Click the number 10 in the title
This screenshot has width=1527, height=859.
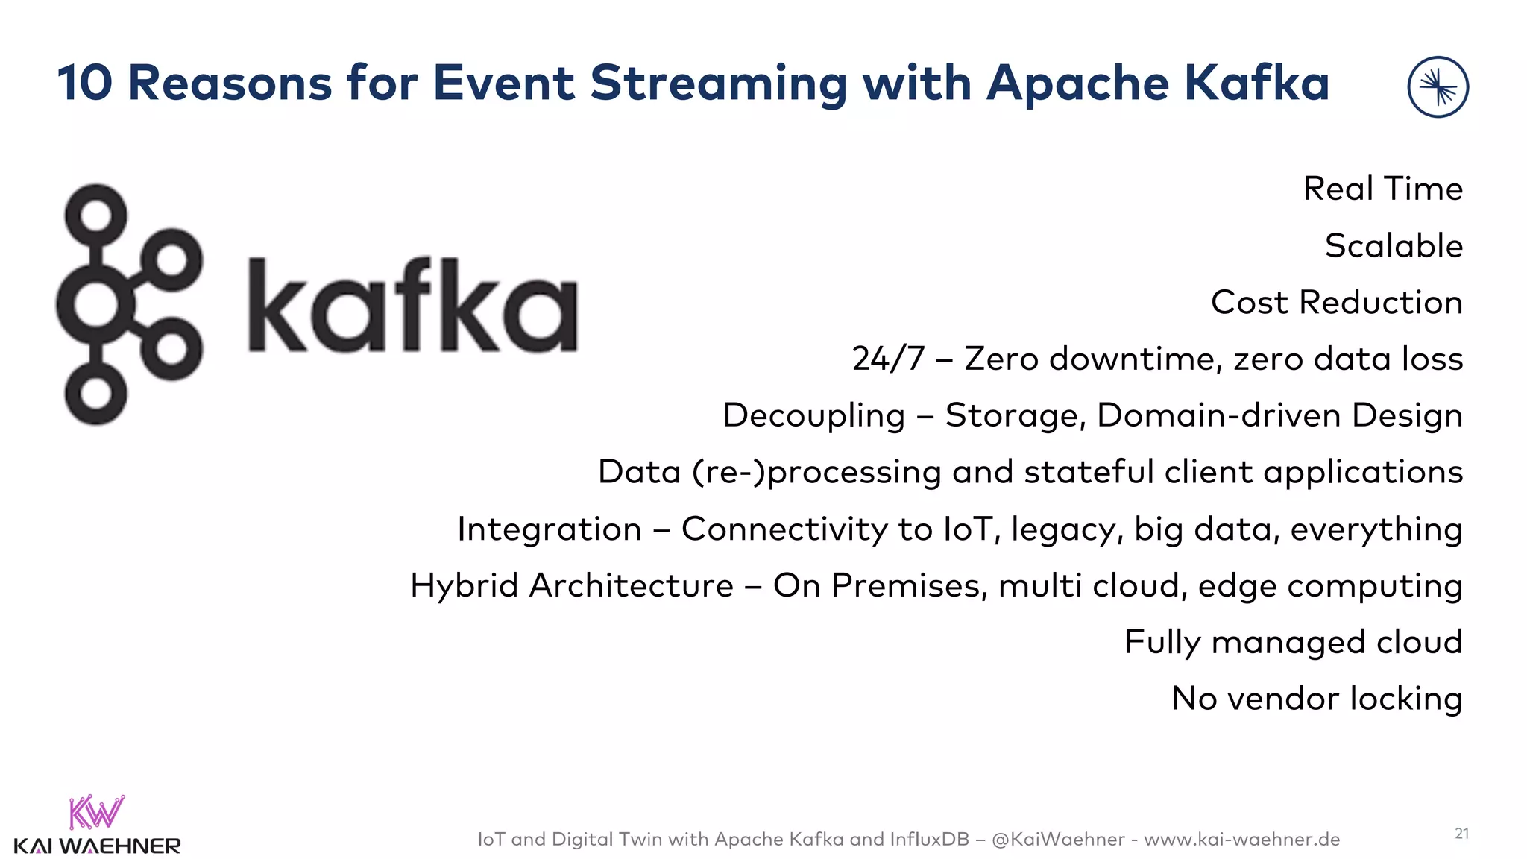click(84, 83)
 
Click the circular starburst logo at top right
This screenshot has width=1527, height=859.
click(1438, 87)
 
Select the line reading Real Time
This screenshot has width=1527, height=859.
click(1382, 189)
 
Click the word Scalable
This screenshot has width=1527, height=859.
click(1394, 246)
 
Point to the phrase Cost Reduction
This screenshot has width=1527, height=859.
click(1336, 303)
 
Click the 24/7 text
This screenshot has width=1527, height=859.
click(887, 359)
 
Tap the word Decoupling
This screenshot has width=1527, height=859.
click(813, 416)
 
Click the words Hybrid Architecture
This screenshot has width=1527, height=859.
click(572, 586)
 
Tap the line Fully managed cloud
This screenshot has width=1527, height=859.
click(1293, 643)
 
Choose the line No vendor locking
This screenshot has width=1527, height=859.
click(1317, 699)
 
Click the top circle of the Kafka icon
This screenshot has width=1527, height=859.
click(95, 215)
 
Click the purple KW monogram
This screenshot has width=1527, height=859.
click(96, 813)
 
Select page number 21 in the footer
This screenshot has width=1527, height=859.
click(1461, 833)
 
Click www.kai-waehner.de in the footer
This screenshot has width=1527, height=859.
click(1241, 840)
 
